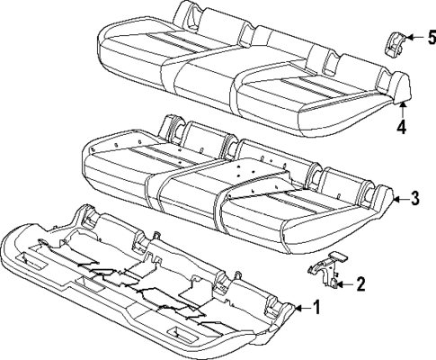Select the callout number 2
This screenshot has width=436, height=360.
point(360,285)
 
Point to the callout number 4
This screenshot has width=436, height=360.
point(401,127)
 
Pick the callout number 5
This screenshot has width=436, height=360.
point(430,39)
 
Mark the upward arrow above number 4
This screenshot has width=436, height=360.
point(401,108)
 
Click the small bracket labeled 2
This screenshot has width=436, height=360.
point(329,269)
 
